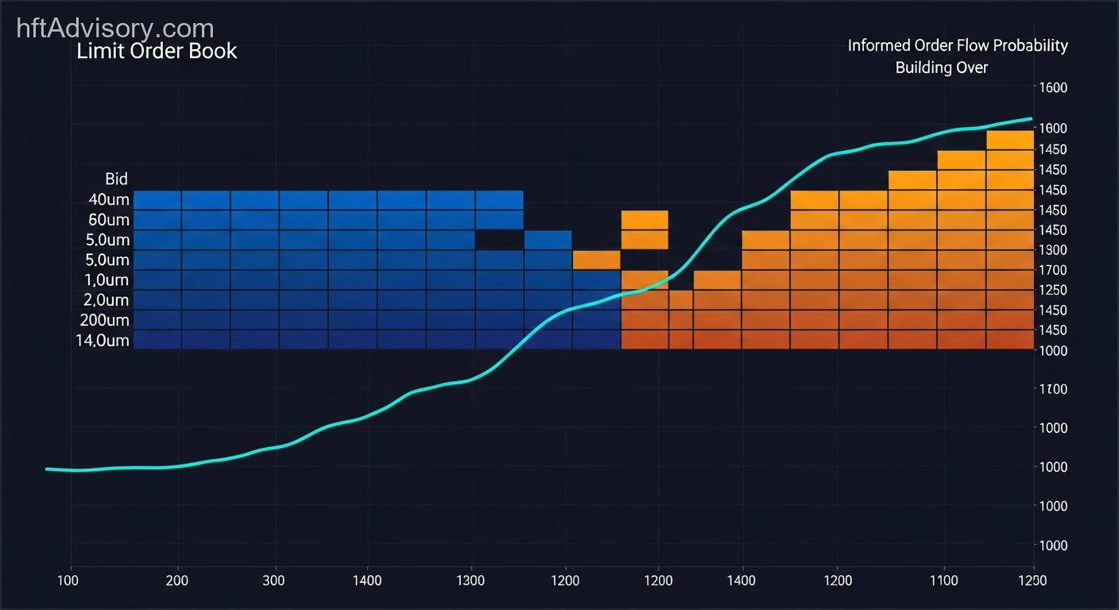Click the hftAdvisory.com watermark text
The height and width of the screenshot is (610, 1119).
pos(115,29)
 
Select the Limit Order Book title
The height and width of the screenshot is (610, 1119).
pos(157,52)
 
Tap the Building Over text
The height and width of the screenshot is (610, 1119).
pos(942,68)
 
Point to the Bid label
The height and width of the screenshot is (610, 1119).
pos(116,179)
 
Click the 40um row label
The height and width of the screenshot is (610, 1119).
pos(109,199)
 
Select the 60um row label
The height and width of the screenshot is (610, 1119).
pos(109,219)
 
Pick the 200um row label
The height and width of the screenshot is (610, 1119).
pos(104,320)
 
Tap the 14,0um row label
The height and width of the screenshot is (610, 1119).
pos(103,341)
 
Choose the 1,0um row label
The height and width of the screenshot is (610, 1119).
pos(106,280)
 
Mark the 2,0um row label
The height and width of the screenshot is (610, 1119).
pos(106,300)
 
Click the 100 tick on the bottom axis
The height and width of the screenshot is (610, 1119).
pos(71,581)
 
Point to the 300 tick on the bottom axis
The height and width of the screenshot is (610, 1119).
pos(274,581)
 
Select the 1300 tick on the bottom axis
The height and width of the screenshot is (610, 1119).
pos(471,581)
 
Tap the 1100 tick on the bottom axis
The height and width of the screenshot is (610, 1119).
pos(943,581)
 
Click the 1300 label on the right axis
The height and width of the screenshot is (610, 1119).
pos(1054,250)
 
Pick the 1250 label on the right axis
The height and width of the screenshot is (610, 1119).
pos(1054,290)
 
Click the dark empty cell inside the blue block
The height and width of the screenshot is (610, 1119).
pos(500,240)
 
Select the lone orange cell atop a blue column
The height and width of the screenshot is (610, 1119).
pos(596,260)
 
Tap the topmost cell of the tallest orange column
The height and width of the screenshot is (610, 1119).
pos(1009,140)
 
